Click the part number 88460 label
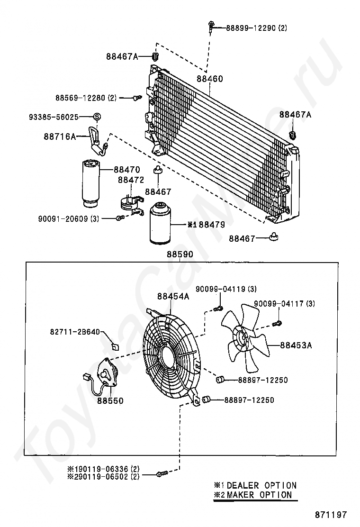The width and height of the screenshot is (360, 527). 209,79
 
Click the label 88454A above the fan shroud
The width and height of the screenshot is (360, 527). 173,296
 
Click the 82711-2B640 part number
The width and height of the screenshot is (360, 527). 75,332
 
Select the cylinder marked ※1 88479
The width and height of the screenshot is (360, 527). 160,222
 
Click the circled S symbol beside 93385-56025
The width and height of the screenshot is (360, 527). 97,117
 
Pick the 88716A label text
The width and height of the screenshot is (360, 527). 60,136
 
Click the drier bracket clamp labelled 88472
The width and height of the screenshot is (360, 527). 132,204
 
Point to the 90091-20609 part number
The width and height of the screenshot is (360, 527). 69,219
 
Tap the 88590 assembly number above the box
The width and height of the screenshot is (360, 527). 180,254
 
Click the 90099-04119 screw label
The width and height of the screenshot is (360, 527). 226,289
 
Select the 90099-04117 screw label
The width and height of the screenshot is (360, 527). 284,303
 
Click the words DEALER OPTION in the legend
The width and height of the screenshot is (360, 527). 261,485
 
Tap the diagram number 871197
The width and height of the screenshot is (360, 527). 331,515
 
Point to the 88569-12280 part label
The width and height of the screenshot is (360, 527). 86,98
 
